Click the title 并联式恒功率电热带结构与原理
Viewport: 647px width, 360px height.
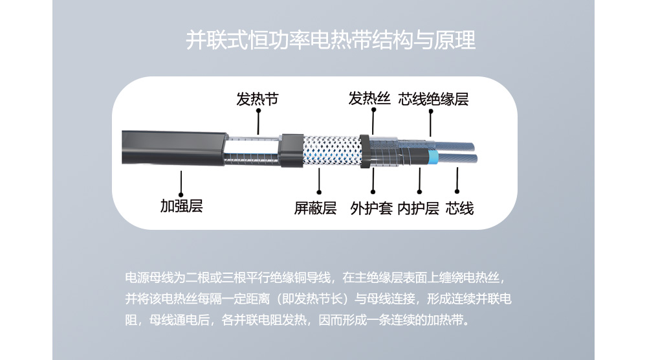331,40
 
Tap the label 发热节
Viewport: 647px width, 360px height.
258,99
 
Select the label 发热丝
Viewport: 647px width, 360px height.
369,98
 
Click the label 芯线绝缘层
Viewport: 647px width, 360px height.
433,99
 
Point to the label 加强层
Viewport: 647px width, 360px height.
182,206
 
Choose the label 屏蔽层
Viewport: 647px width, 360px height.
315,208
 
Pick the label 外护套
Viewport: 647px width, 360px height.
371,208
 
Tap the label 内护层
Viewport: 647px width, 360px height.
419,208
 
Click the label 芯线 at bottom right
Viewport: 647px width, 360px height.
459,208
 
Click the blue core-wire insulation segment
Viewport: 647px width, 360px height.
433,158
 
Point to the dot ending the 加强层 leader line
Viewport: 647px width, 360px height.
181,195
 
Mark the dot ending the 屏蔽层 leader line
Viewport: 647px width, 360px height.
319,192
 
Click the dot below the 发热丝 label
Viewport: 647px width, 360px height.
373,110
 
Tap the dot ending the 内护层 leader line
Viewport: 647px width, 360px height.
420,192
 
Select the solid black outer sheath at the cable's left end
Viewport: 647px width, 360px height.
173,148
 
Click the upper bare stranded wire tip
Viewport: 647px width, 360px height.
455,146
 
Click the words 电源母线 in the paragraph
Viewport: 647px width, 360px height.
149,277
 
